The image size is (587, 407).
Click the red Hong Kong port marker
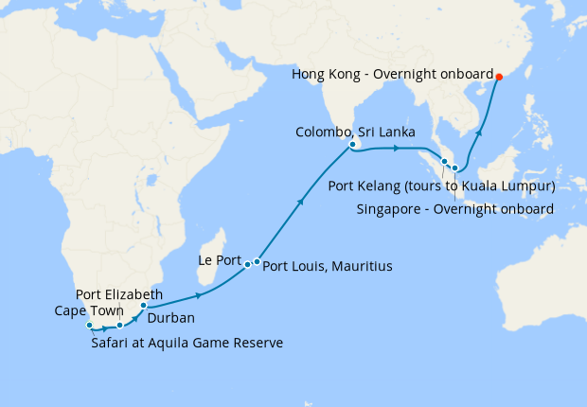(500, 78)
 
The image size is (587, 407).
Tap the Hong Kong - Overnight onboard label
(393, 74)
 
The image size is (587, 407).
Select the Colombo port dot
(352, 146)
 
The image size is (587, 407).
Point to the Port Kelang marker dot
(444, 162)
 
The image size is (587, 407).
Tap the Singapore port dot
(455, 168)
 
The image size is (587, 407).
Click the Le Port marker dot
(248, 264)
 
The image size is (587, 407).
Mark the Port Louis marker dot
(257, 261)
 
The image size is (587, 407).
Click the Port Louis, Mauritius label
(327, 266)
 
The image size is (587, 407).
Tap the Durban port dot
(143, 306)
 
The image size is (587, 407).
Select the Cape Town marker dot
(89, 327)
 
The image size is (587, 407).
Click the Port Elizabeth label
(110, 295)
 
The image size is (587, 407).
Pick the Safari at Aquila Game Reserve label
(187, 343)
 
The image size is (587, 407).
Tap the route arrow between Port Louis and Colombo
(302, 201)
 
